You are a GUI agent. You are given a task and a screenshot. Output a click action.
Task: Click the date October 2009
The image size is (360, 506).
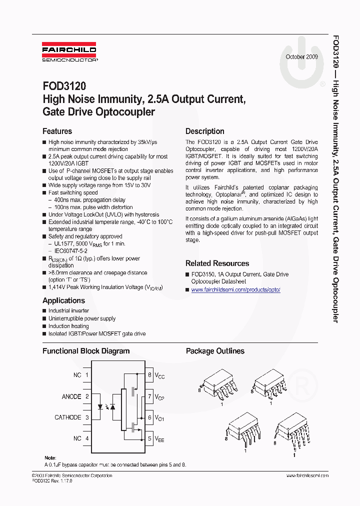click(x=301, y=57)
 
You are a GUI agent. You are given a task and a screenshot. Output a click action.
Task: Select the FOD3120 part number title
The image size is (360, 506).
click(x=64, y=86)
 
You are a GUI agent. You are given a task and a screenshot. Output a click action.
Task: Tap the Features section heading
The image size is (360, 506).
click(x=57, y=131)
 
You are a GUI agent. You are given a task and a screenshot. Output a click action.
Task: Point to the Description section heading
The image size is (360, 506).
click(x=205, y=131)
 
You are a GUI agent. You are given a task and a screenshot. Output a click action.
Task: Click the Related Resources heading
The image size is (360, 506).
click(x=217, y=263)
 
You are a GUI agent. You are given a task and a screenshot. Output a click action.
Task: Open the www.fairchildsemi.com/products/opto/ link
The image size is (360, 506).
click(x=235, y=290)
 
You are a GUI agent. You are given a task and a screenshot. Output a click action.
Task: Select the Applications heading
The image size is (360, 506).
click(x=63, y=300)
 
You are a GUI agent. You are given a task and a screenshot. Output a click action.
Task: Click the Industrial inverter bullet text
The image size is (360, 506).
click(x=68, y=311)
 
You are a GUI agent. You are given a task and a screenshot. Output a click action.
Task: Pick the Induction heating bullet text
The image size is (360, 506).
click(x=68, y=326)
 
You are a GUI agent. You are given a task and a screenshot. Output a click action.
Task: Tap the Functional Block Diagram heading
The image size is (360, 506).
click(x=86, y=351)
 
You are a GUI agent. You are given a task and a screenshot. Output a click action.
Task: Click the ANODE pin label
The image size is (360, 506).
click(x=71, y=396)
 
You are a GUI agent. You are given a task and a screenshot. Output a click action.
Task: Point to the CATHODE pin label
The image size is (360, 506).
click(x=67, y=417)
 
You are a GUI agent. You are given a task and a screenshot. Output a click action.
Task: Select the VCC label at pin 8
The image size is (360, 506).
click(x=159, y=375)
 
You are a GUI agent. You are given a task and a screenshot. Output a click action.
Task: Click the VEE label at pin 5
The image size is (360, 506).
click(x=159, y=439)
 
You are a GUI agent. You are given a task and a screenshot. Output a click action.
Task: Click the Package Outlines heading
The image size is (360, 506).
click(x=215, y=351)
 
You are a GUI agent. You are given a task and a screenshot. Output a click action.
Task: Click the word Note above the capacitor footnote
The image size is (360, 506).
click(x=50, y=458)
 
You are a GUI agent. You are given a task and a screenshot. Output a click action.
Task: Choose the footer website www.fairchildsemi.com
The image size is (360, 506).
click(x=307, y=475)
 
